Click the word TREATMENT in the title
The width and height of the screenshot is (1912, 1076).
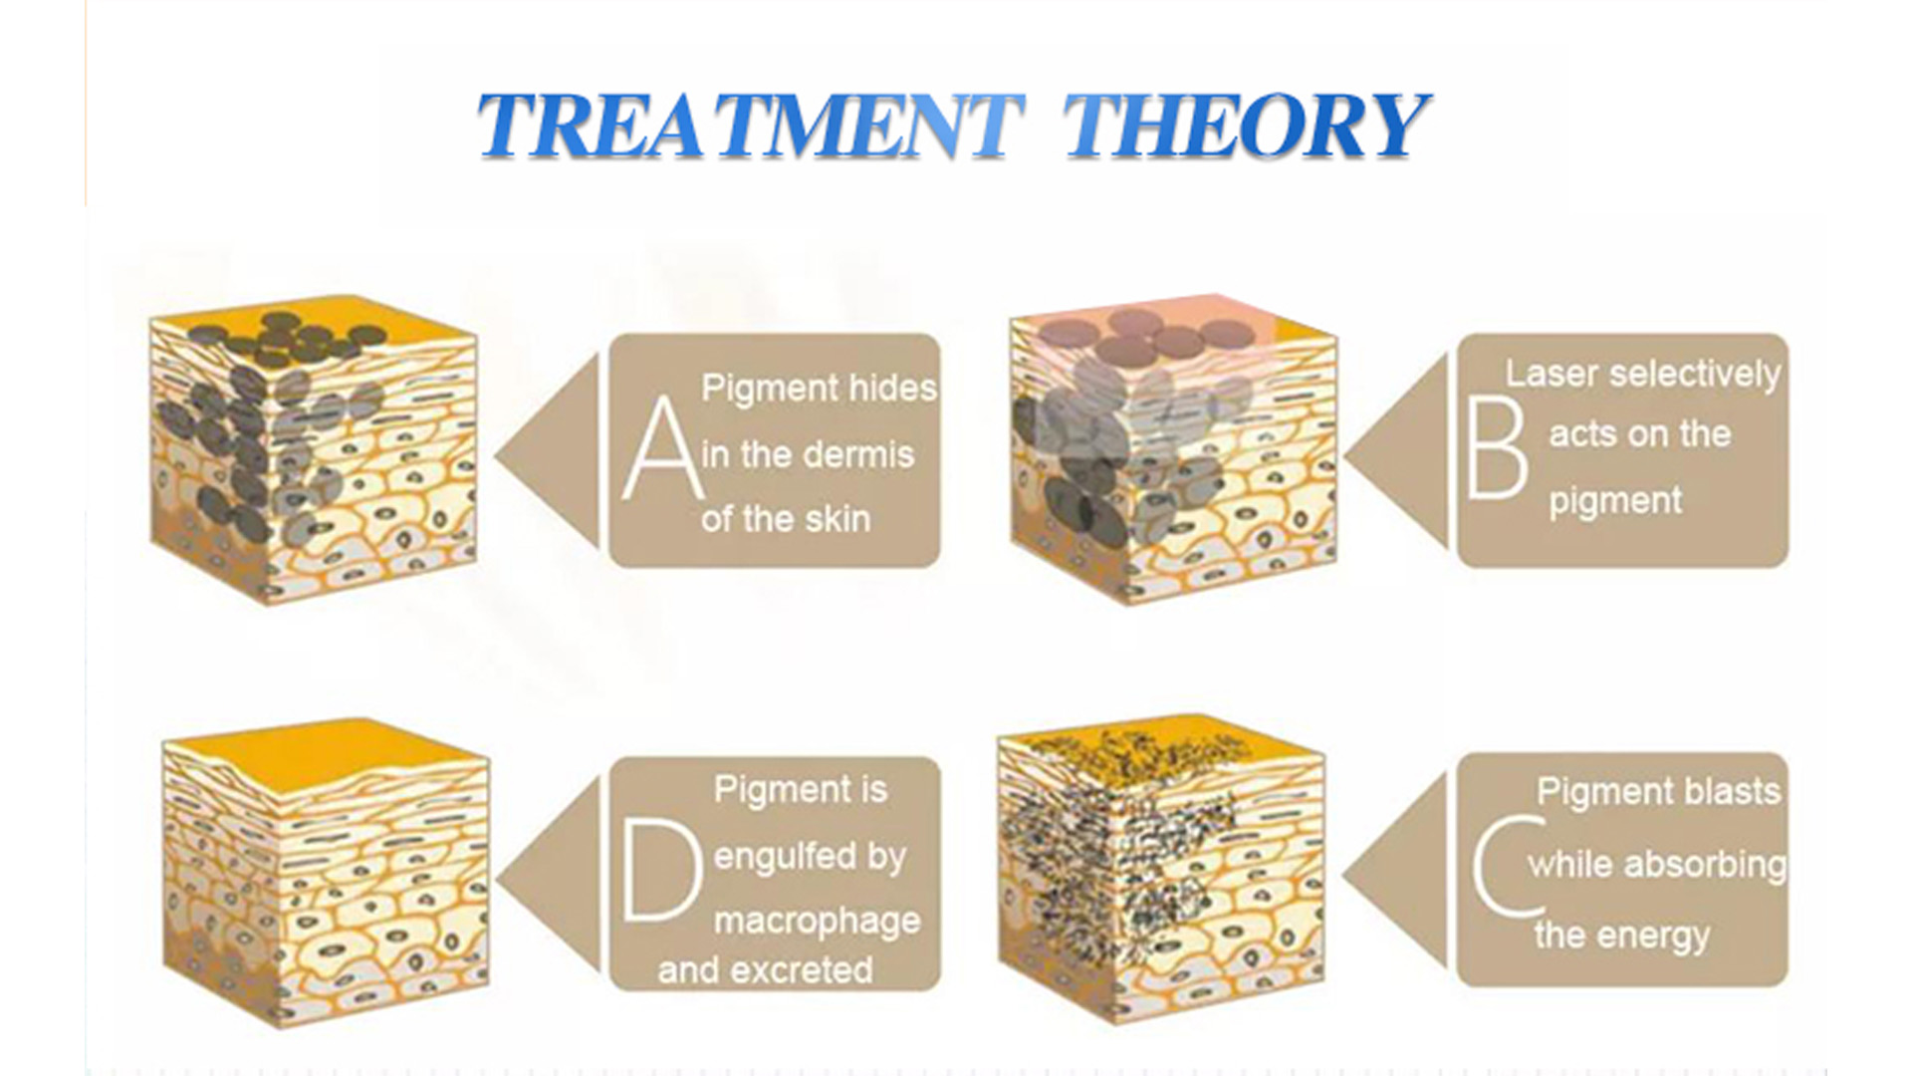tap(751, 126)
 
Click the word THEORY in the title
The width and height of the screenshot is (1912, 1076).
tap(1246, 126)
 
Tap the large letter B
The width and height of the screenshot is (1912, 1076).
tap(1497, 447)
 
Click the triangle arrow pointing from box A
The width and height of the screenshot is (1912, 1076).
tap(549, 451)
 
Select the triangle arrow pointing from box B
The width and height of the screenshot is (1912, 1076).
tap(1396, 451)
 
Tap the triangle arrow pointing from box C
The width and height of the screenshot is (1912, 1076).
tap(1395, 871)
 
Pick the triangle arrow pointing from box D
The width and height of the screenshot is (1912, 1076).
tap(549, 878)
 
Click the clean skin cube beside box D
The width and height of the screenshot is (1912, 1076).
tap(326, 872)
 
